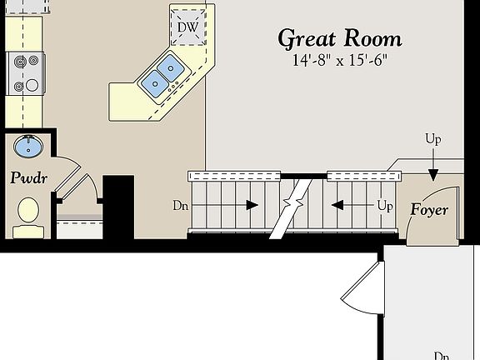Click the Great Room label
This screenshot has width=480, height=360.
click(x=339, y=38)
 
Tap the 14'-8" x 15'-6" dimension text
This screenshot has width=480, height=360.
click(x=340, y=61)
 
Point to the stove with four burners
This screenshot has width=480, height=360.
click(x=23, y=73)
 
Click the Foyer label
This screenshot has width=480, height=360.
click(x=428, y=210)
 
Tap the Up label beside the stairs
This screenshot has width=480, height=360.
click(x=384, y=204)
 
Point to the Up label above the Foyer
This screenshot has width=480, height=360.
click(x=432, y=139)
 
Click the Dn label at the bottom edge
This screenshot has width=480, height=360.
click(x=442, y=355)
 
